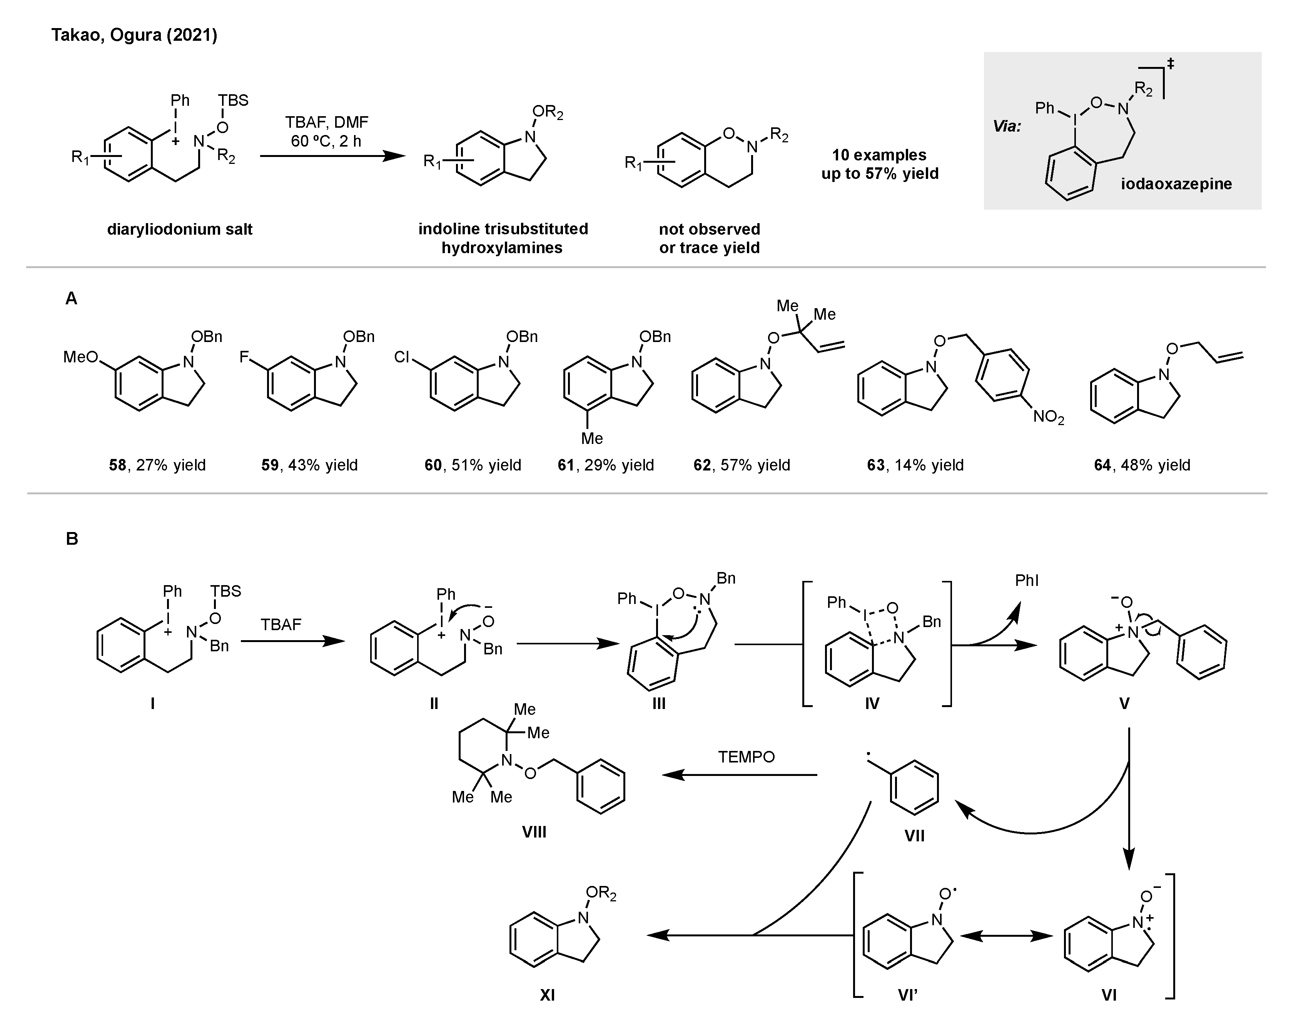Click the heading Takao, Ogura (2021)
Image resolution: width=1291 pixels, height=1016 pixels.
point(134,35)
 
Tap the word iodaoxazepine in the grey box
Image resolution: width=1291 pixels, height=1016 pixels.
point(1176,184)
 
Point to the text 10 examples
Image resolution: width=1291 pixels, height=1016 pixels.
point(879,155)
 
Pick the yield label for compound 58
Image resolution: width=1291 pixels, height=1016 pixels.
point(157,465)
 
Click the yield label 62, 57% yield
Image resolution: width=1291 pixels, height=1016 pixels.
point(742,465)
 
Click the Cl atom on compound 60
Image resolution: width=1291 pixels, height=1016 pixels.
point(402,357)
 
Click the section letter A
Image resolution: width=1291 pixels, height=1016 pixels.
point(72,299)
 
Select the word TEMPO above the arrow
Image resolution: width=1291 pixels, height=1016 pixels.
point(746,757)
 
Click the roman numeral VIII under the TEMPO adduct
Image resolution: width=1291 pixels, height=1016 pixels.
point(534,832)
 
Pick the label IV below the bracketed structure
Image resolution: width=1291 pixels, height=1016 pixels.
point(872,704)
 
